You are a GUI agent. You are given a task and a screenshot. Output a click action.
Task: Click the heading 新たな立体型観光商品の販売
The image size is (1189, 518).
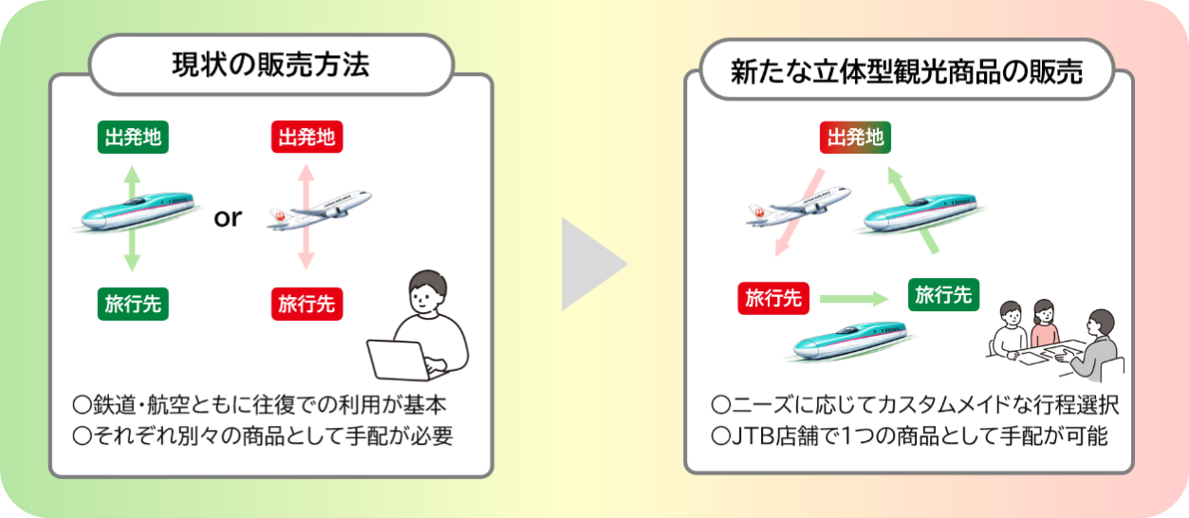tap(906, 71)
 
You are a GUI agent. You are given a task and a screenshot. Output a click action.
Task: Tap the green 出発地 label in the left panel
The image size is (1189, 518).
tap(133, 138)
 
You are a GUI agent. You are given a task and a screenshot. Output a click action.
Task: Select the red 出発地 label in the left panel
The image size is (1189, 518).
tap(306, 138)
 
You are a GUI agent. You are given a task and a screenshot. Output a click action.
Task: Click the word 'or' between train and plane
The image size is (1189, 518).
tap(228, 218)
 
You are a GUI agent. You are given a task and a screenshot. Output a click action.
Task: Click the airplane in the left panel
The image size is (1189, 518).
tap(319, 211)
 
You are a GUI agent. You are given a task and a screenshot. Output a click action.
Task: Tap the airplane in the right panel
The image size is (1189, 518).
tap(792, 208)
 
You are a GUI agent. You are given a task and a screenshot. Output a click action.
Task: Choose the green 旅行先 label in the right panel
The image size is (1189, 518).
tap(943, 295)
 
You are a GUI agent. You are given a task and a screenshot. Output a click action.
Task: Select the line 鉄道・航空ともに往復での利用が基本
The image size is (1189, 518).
tap(258, 405)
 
